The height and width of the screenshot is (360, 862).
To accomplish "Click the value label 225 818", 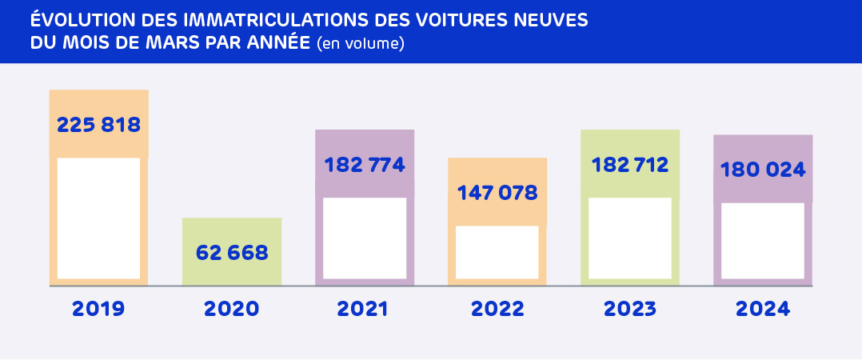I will point(99,125).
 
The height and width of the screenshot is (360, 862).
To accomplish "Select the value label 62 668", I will point(232,253).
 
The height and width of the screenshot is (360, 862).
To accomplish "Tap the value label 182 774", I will point(365,166).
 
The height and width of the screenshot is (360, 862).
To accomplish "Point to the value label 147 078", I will point(497,193).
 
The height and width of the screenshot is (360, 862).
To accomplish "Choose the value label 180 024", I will point(763,170).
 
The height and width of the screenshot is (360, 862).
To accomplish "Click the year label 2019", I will point(98,309).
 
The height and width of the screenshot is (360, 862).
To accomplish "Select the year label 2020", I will point(232,309).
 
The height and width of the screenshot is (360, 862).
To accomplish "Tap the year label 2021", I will point(364,309).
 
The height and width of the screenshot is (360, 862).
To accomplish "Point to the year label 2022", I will point(497,309).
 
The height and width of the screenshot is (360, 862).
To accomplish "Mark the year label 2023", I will point(630,309).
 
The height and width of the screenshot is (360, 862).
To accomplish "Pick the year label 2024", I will point(763,309).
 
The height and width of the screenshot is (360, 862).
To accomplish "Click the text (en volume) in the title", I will point(361,44).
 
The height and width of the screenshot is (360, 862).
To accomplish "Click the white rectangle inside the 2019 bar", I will point(98,218).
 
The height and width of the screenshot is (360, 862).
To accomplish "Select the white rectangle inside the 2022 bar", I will point(497,252).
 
